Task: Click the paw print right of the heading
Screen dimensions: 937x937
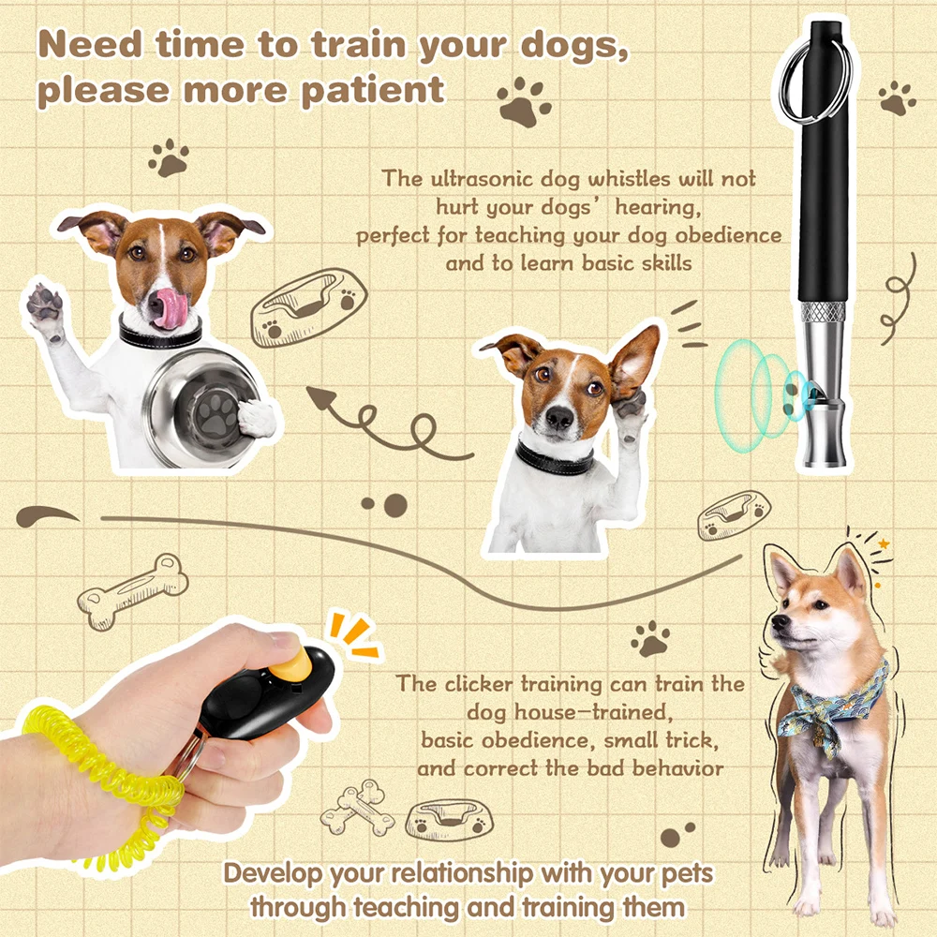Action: (524, 101)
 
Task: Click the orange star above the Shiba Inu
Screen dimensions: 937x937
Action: (884, 543)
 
